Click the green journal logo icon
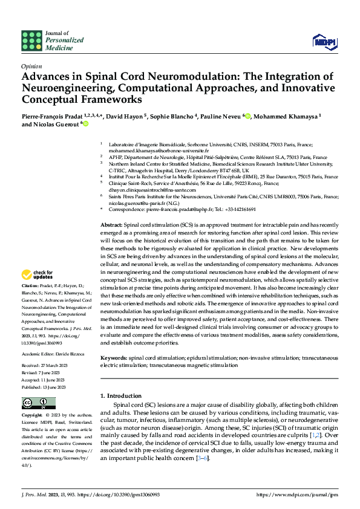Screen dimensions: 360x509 31,41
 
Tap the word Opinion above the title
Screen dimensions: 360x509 31,67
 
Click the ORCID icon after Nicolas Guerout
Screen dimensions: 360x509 85,124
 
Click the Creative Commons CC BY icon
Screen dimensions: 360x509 35,402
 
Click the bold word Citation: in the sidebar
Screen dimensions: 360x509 30,285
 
